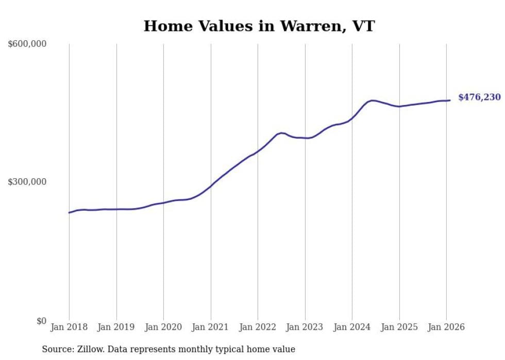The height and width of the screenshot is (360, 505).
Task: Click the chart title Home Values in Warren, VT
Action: [259, 26]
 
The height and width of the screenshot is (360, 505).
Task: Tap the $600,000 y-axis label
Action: [27, 44]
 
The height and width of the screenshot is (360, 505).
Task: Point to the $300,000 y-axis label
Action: [27, 182]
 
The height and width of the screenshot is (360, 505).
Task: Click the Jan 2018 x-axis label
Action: [69, 328]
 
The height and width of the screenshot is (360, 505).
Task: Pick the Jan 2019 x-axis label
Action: [116, 328]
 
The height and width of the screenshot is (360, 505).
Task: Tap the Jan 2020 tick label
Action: [163, 328]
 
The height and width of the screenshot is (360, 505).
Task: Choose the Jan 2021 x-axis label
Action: [211, 328]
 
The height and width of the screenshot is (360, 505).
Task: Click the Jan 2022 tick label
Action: [258, 328]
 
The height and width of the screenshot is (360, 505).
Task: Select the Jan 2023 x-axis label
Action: [305, 328]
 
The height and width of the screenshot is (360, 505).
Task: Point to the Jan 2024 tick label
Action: [352, 328]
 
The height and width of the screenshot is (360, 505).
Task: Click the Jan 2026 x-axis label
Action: [446, 328]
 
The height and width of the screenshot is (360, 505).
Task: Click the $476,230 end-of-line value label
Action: [479, 97]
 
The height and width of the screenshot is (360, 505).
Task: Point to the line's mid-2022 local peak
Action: [281, 133]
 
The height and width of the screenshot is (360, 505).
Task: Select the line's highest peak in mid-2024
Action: [373, 100]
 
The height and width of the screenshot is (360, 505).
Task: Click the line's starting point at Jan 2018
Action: [69, 213]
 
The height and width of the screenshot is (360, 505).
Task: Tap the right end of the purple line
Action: [450, 100]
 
